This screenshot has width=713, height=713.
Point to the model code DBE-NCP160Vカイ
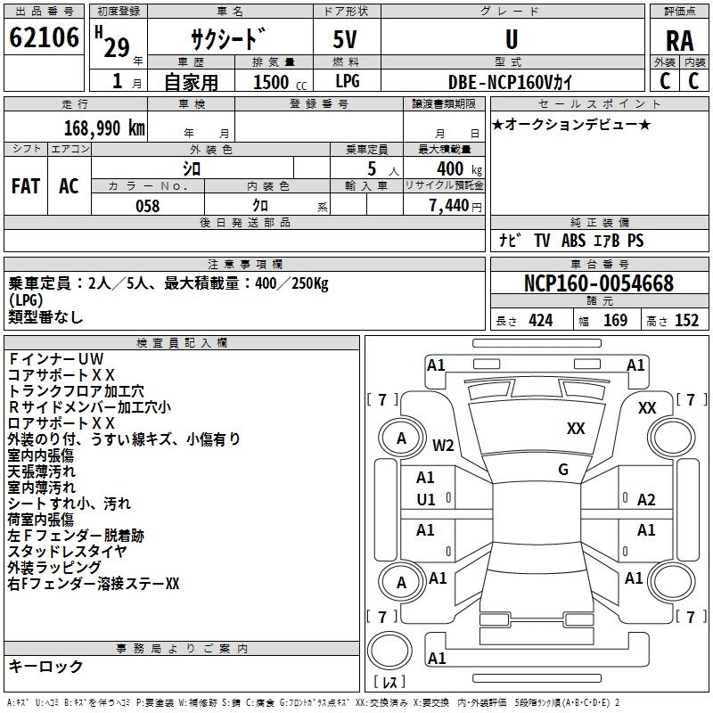click(511, 81)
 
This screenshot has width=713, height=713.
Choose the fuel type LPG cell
click(346, 81)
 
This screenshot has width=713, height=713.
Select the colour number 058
click(147, 206)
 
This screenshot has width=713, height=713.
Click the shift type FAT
click(26, 186)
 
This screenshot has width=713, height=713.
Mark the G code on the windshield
click(563, 470)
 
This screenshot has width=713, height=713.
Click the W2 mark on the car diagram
click(444, 445)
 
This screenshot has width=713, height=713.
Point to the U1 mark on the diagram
click(426, 500)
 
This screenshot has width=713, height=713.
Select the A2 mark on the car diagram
click(646, 500)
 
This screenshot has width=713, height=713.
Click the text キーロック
click(46, 666)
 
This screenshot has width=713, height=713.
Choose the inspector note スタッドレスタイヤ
click(67, 551)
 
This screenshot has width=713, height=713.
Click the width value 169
click(615, 320)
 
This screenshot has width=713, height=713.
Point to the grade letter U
click(511, 39)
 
